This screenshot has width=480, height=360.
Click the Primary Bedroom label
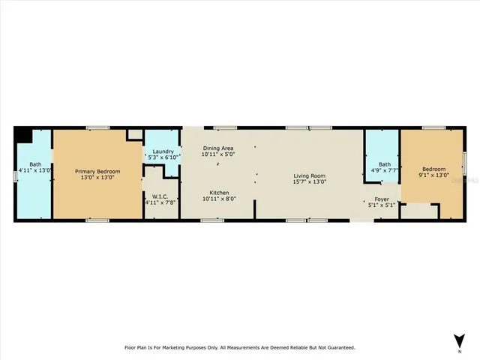(x=97, y=171)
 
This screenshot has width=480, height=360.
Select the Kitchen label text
(x=219, y=192)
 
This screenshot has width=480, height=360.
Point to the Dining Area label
(x=219, y=148)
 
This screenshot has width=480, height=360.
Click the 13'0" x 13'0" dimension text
(x=97, y=177)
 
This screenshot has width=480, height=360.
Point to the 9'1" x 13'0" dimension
(x=433, y=175)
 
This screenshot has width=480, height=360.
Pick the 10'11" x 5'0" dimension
(x=219, y=154)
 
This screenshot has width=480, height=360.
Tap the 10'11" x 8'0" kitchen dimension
(x=219, y=198)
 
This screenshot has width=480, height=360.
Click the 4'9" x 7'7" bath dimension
(x=384, y=170)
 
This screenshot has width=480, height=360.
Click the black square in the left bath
(x=22, y=135)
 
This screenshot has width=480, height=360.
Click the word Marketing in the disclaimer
(x=189, y=347)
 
